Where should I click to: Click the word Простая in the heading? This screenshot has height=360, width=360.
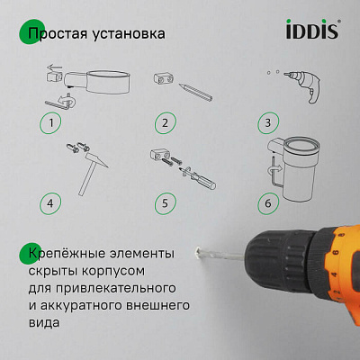click(60, 35)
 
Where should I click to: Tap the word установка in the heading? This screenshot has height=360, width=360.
click(130, 35)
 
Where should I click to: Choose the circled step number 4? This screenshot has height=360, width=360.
click(51, 203)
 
